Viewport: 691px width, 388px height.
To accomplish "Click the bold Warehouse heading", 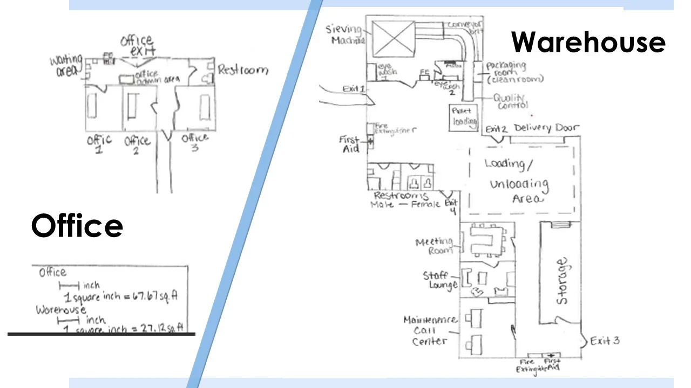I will click(x=588, y=42).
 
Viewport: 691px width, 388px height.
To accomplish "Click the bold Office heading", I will click(x=77, y=225).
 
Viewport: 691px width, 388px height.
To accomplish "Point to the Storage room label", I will click(x=562, y=281).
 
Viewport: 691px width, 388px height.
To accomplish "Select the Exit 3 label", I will click(x=605, y=341).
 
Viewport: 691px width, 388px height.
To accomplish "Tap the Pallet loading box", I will click(x=464, y=116).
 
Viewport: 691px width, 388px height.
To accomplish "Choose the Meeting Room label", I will click(x=434, y=246).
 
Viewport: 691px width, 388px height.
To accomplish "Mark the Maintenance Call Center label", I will click(x=430, y=330).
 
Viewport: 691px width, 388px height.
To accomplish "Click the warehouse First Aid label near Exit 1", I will click(x=350, y=144).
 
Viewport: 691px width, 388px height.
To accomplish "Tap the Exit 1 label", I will click(x=354, y=89).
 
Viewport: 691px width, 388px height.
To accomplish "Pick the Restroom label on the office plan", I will click(x=242, y=70).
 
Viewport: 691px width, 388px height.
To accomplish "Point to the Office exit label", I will click(x=138, y=46).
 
